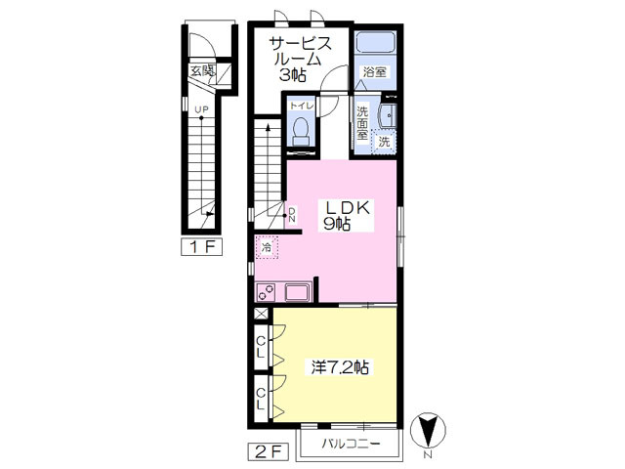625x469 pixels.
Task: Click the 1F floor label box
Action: (202, 247)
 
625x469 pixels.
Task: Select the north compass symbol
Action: (428, 431)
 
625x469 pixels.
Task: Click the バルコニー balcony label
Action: (352, 444)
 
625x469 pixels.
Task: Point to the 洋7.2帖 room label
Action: (340, 367)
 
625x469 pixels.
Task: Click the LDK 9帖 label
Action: (347, 215)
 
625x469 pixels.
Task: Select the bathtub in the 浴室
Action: (375, 43)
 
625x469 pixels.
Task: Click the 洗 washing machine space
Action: (384, 142)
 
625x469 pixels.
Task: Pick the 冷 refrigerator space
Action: (267, 247)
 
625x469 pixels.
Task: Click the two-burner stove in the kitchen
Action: (266, 292)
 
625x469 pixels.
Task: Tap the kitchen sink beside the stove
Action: (298, 292)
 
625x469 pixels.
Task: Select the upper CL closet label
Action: (261, 347)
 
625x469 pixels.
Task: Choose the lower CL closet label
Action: (261, 400)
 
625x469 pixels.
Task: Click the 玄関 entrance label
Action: (202, 71)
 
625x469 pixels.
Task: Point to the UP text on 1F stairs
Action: (201, 108)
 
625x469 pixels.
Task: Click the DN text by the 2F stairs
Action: (292, 215)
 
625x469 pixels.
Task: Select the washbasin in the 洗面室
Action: (389, 116)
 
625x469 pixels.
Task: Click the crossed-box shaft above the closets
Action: (262, 314)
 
